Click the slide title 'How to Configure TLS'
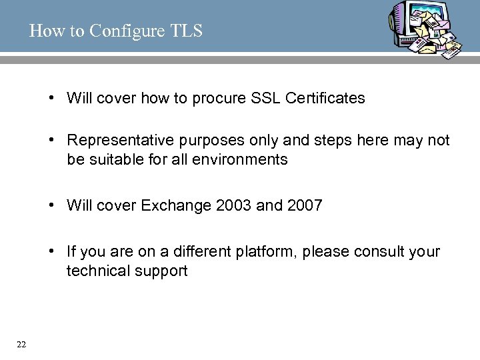pos(115,31)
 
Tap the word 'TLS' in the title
pos(187,31)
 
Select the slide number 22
pos(21,344)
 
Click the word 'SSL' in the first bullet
pos(266,99)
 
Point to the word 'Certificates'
pos(325,99)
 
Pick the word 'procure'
pos(219,99)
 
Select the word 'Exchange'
pos(177,205)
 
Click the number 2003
pos(234,205)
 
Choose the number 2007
pos(305,205)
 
